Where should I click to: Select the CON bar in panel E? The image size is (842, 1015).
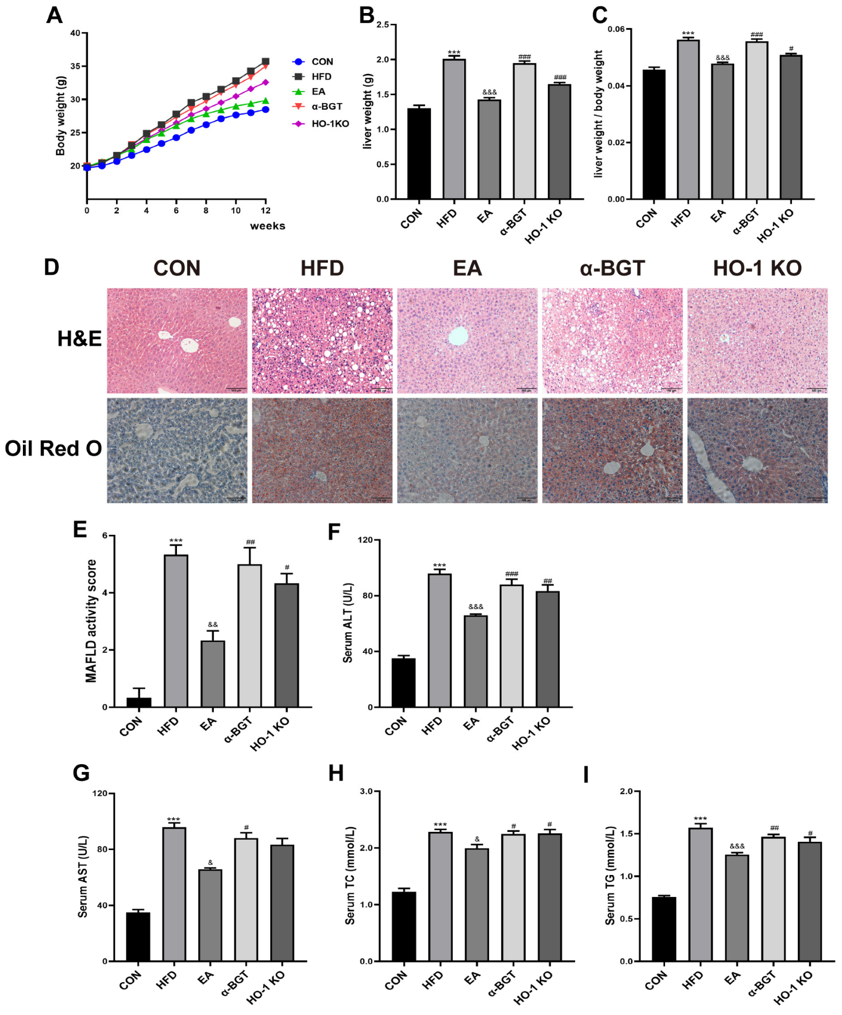pos(139,702)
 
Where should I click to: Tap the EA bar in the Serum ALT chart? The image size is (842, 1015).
pos(475,661)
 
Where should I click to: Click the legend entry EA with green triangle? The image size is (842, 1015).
pos(318,92)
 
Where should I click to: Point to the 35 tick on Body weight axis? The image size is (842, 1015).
pos(75,66)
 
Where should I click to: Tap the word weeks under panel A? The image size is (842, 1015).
pos(267,226)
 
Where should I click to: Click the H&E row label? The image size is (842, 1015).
pos(79,339)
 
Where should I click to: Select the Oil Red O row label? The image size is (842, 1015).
pos(53,448)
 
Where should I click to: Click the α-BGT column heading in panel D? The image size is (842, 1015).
pos(612,268)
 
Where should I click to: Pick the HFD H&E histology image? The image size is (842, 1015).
pos(322,341)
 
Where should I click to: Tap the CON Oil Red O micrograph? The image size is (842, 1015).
pos(177,451)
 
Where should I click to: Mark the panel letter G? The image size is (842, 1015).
pos(81,773)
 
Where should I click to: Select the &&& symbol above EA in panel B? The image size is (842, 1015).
pos(489,92)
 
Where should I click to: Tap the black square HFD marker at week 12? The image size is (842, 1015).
pos(265,61)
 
